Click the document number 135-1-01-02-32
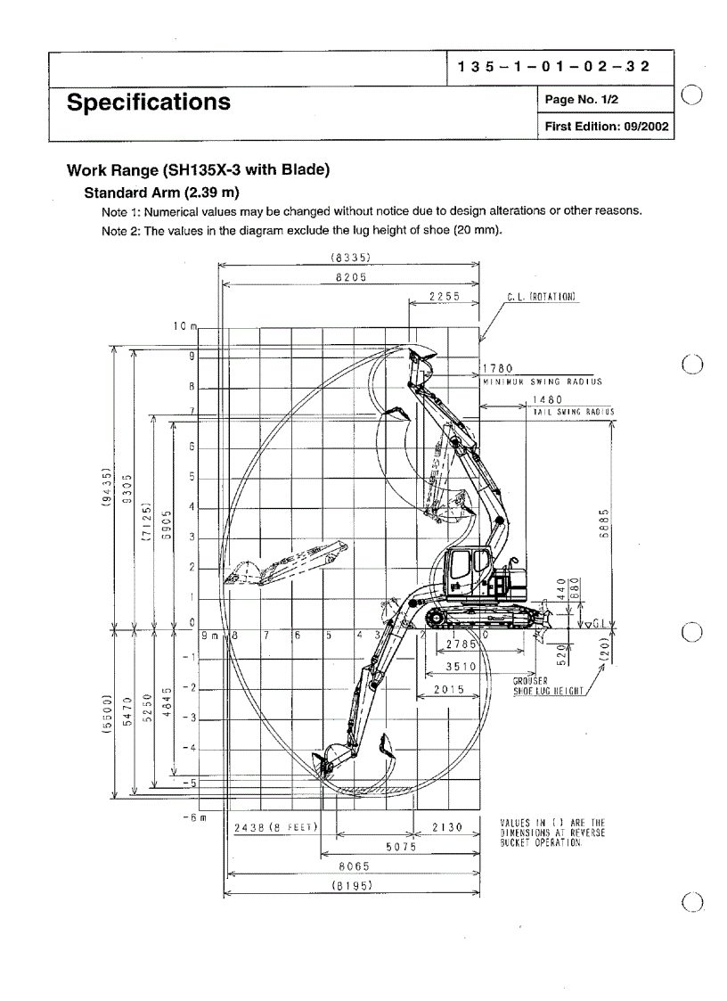(552, 67)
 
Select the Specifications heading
(149, 103)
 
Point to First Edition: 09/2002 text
(605, 127)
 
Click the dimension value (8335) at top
(350, 258)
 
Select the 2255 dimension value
(443, 297)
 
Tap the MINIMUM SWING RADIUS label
(543, 382)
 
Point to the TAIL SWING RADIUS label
(573, 412)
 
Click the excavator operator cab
(465, 570)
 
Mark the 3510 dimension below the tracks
(462, 666)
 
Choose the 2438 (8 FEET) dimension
(275, 828)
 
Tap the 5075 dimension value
(401, 847)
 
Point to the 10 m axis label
(184, 326)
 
